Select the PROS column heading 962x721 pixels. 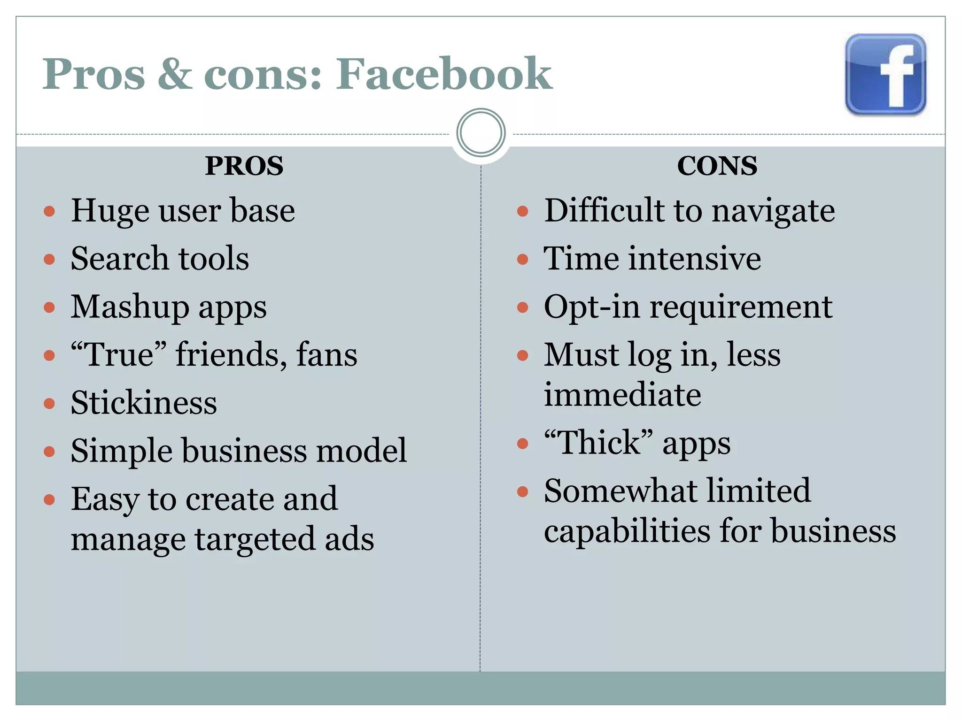244,166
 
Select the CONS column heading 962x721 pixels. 717,166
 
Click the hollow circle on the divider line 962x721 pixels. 481,133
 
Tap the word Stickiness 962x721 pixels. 144,403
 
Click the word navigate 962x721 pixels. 773,211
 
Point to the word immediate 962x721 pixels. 622,394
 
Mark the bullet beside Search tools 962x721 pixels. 49,260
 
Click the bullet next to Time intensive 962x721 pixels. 522,260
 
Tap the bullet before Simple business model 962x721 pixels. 49,452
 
